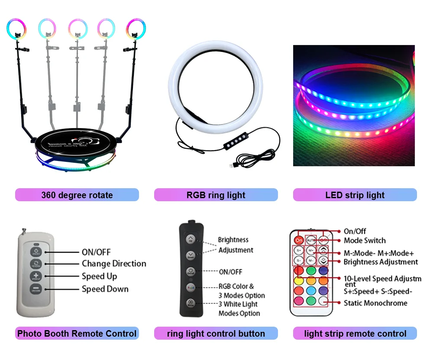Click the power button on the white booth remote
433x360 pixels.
36,251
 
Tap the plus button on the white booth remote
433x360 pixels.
36,276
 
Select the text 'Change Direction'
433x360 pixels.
114,264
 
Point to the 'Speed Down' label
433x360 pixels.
105,289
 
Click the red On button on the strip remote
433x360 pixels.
299,239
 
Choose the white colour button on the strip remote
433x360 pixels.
323,301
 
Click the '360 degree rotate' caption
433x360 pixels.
77,195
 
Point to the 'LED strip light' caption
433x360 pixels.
355,195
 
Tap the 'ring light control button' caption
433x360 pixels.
216,334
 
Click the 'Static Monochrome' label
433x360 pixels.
375,303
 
